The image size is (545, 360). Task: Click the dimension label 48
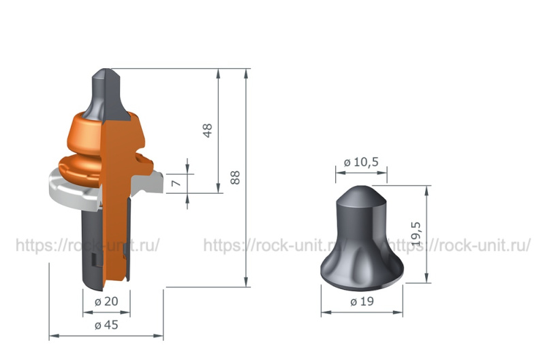(x=208, y=130)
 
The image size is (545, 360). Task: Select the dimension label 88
(x=235, y=177)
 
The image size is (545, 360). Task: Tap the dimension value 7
(x=176, y=183)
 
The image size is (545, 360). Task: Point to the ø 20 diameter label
(x=106, y=301)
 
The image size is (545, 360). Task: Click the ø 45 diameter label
(x=106, y=325)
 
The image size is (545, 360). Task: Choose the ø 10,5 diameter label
(x=361, y=162)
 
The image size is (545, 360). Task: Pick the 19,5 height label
(x=416, y=234)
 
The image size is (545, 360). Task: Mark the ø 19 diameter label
(x=362, y=301)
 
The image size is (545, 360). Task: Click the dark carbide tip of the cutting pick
(x=106, y=94)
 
